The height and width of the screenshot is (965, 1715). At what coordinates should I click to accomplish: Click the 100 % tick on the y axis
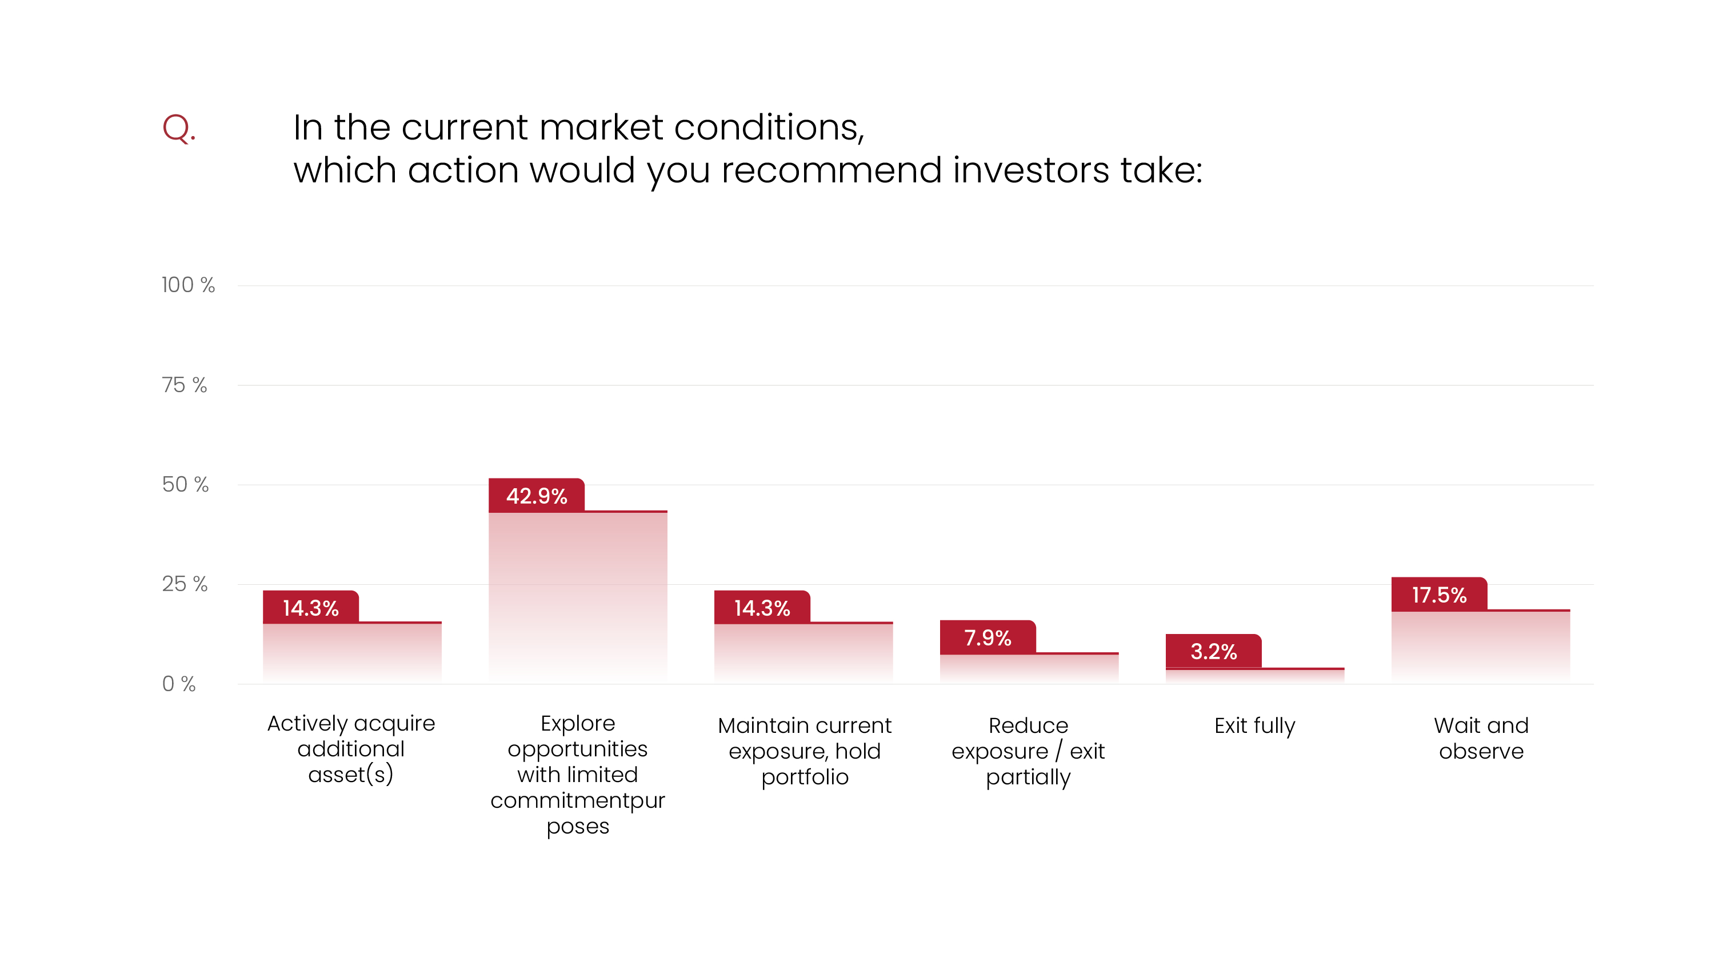pyautogui.click(x=188, y=285)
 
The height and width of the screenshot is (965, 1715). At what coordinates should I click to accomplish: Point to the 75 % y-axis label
pyautogui.click(x=185, y=385)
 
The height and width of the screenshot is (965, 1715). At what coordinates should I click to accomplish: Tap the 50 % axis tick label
pyautogui.click(x=185, y=484)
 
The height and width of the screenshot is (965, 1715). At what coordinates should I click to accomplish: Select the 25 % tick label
pyautogui.click(x=185, y=584)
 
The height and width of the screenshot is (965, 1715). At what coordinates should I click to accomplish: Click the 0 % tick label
pyautogui.click(x=178, y=684)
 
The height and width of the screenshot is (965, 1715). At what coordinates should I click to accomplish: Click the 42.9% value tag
pyautogui.click(x=536, y=496)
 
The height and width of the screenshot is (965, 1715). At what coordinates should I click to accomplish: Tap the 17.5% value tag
pyautogui.click(x=1439, y=595)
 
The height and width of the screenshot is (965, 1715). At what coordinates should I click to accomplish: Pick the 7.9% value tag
pyautogui.click(x=988, y=637)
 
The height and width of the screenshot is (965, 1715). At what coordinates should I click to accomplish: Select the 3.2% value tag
pyautogui.click(x=1213, y=651)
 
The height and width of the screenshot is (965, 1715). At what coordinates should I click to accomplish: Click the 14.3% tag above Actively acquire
pyautogui.click(x=310, y=607)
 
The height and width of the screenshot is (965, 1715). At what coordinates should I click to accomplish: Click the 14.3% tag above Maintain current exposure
pyautogui.click(x=762, y=607)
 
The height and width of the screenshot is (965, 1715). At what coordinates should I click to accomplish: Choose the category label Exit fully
pyautogui.click(x=1254, y=725)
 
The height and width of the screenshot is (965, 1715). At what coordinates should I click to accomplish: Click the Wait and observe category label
pyautogui.click(x=1481, y=738)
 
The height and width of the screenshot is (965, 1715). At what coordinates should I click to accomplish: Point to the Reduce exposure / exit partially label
pyautogui.click(x=1028, y=751)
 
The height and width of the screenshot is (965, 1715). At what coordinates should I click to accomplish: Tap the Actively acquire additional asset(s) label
pyautogui.click(x=351, y=748)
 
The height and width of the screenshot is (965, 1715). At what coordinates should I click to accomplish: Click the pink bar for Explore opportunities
pyautogui.click(x=578, y=599)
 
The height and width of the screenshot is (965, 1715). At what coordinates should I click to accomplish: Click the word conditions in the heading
pyautogui.click(x=768, y=127)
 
